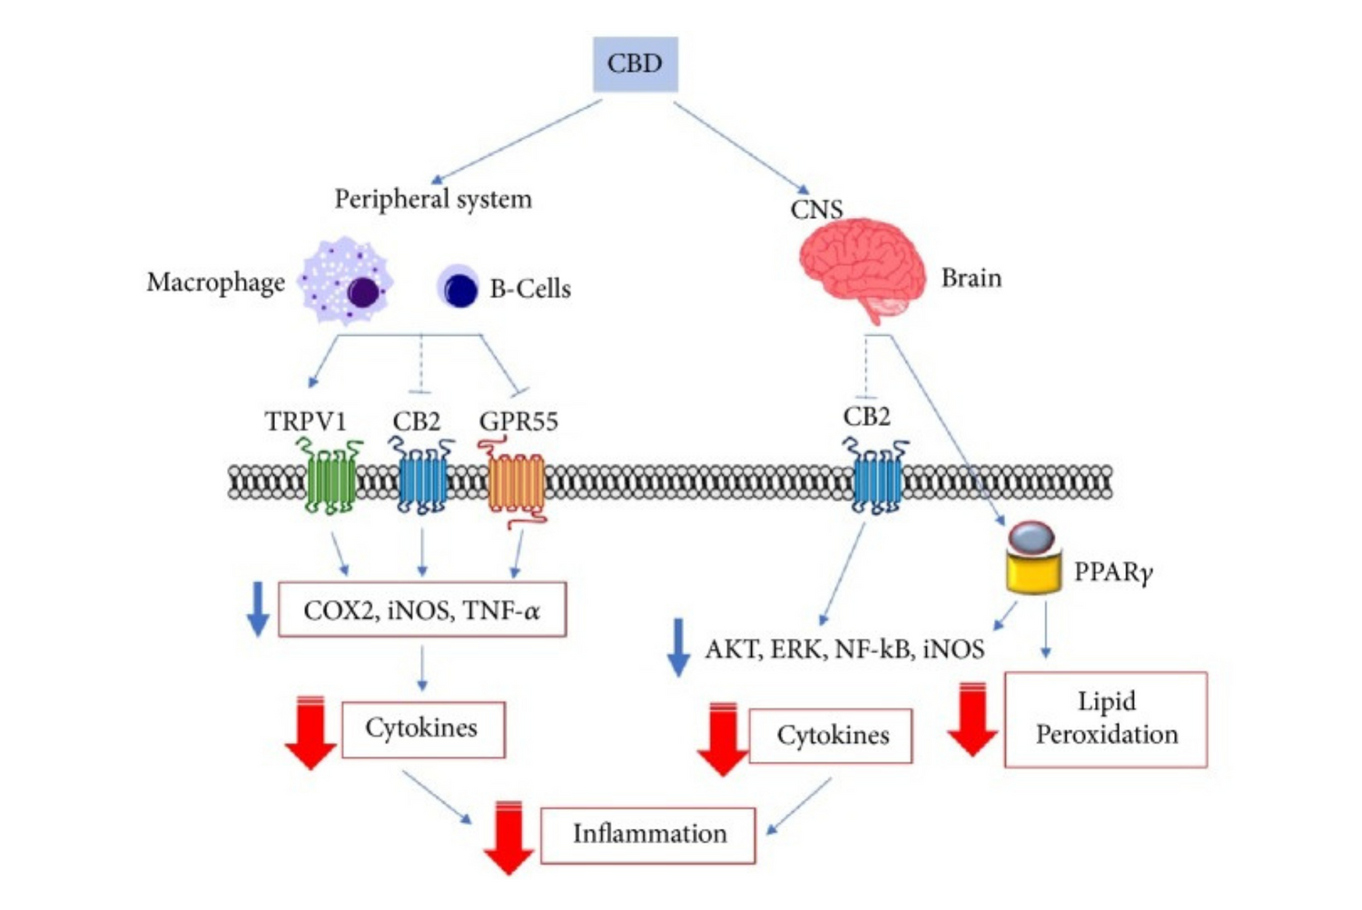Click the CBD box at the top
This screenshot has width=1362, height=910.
(x=635, y=64)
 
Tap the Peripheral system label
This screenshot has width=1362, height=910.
(x=433, y=199)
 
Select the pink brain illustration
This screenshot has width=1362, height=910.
(x=861, y=265)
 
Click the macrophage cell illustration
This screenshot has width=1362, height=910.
(x=347, y=282)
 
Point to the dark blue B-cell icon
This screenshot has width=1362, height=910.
(x=459, y=288)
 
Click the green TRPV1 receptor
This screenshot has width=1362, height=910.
(x=331, y=477)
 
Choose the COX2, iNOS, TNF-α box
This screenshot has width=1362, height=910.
(x=422, y=609)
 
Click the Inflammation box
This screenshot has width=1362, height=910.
(x=648, y=835)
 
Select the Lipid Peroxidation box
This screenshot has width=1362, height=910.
(x=1105, y=718)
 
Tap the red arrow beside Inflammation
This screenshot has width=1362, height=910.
(x=508, y=837)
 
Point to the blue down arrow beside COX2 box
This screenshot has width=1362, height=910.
(x=258, y=608)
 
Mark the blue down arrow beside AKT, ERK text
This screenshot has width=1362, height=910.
(x=677, y=647)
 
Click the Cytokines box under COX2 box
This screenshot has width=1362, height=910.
(x=422, y=728)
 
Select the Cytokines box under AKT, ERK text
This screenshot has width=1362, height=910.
(x=831, y=736)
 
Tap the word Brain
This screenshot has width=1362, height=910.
(x=971, y=278)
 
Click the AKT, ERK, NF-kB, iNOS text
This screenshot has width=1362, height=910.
(x=844, y=648)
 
